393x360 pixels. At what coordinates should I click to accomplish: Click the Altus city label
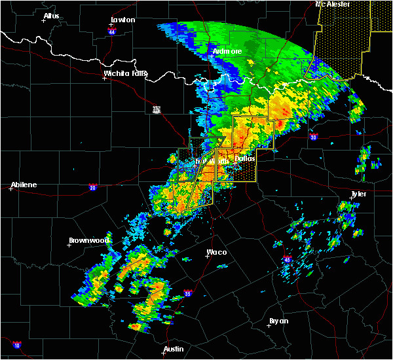51,16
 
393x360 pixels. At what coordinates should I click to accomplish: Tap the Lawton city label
122,20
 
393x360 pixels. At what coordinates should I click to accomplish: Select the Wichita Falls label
125,73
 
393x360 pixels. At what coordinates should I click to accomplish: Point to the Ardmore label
227,51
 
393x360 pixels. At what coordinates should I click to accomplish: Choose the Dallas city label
245,158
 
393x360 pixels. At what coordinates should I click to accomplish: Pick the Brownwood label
88,240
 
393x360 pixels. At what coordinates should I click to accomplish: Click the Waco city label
217,252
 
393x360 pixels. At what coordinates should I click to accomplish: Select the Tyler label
358,194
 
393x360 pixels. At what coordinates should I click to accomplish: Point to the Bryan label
278,321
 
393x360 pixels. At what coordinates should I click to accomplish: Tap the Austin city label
174,349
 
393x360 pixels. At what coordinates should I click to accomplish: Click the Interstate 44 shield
112,31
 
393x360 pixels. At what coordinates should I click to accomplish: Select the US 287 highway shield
157,109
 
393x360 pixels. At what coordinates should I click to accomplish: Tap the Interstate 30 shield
313,137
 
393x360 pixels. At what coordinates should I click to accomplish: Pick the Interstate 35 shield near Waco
188,293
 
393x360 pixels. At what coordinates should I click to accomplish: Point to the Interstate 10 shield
16,345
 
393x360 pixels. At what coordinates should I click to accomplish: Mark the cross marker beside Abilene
11,189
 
